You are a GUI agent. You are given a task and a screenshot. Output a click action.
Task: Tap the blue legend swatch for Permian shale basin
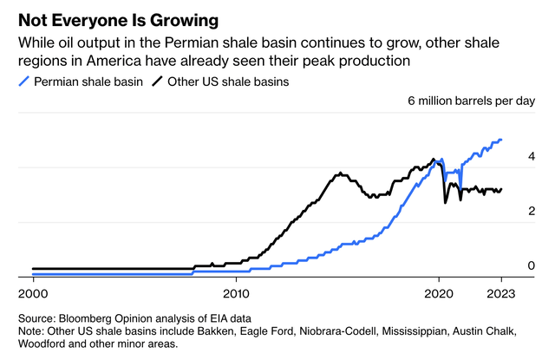[23, 82]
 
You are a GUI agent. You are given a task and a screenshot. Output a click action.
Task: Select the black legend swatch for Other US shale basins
[160, 82]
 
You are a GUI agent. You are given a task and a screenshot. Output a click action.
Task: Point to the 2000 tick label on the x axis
[33, 293]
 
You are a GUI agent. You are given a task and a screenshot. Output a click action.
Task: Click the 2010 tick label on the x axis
[236, 293]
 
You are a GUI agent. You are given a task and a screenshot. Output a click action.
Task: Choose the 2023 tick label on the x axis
[500, 293]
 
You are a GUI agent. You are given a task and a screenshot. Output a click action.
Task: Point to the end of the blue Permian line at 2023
[501, 140]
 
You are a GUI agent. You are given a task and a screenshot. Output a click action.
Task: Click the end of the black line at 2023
[501, 189]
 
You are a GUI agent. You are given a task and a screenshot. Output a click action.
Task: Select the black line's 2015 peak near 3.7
[340, 173]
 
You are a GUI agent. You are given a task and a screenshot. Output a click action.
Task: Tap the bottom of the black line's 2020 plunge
[446, 202]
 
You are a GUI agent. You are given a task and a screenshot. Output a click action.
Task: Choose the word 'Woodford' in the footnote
[45, 344]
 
